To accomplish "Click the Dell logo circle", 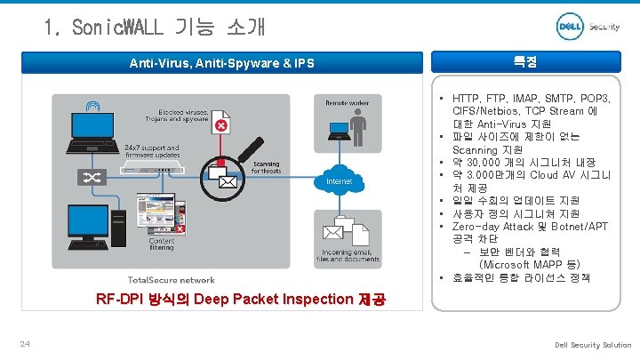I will click(x=570, y=27).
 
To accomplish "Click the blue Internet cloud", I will click(x=340, y=180).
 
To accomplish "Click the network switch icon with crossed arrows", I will click(x=92, y=177).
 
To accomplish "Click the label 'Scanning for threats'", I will click(x=267, y=168).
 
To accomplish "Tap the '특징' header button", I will click(x=524, y=62).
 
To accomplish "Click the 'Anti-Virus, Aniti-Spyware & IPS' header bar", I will click(x=221, y=63).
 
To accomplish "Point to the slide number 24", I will click(x=26, y=344).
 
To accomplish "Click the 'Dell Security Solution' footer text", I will click(x=593, y=345).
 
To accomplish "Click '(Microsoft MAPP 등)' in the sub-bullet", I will click(x=529, y=265).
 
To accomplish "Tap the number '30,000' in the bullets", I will click(x=486, y=163).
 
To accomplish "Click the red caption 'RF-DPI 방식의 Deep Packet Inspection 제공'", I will click(x=240, y=299).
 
